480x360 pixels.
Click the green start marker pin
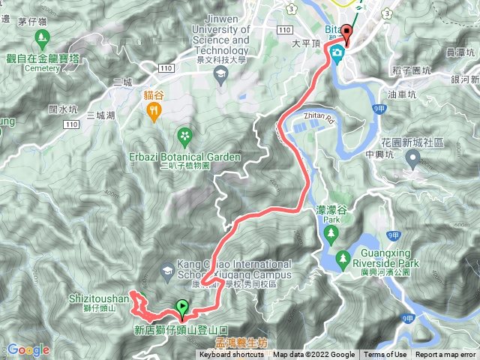181,306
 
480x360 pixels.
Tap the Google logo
28,349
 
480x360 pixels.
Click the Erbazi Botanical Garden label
185,157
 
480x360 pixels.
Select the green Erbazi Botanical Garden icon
184,136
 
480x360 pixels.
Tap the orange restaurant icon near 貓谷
154,112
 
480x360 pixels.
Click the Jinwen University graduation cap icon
220,73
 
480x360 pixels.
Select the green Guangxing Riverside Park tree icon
342,259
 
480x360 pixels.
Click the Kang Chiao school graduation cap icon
166,269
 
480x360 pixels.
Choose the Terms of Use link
385,355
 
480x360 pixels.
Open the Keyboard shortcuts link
232,355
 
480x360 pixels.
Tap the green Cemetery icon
42,37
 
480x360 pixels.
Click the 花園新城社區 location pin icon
413,158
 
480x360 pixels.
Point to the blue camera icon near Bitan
338,53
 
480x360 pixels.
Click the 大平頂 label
306,43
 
